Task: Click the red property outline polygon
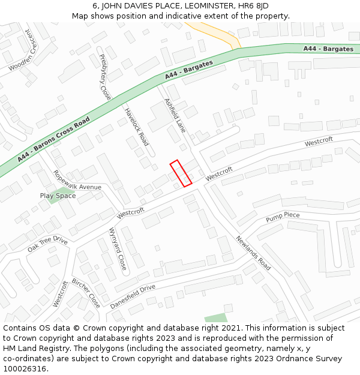tap(181, 173)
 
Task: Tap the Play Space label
tap(58, 196)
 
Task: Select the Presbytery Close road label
tap(104, 76)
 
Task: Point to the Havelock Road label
tap(136, 127)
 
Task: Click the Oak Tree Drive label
tap(47, 244)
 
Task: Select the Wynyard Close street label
tap(118, 248)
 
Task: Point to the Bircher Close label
tap(86, 293)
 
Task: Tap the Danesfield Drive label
tap(133, 296)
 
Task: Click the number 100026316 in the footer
tap(26, 368)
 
